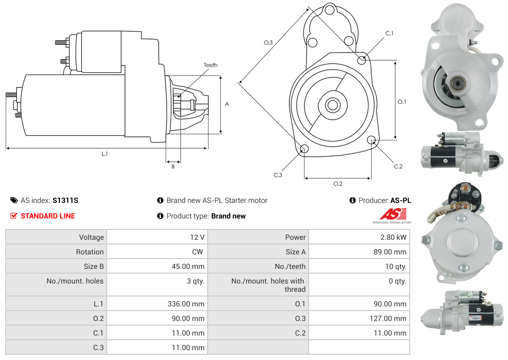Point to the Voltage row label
pos(91,237)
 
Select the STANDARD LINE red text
pos(48,216)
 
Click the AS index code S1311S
pos(65,200)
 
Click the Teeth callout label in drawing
pos(210,65)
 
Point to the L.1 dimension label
pos(105,154)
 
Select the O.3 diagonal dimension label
pos(268,43)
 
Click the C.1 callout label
pos(389,33)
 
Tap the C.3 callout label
pos(278,175)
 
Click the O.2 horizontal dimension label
pos(338,184)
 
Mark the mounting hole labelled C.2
pos(372,140)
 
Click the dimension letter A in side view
pos(227,104)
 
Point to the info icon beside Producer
pos(352,200)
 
